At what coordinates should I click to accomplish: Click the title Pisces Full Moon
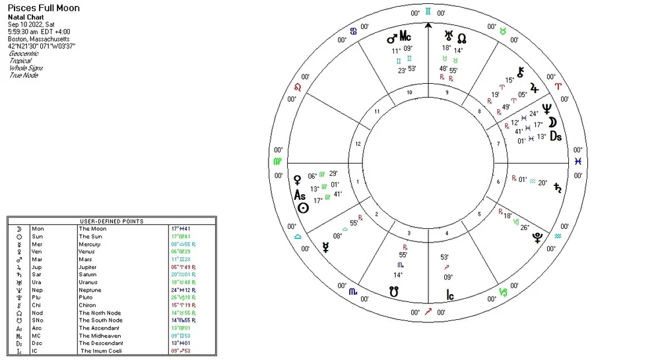44,8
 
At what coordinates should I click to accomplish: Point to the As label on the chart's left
300,196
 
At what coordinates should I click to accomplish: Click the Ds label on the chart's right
556,136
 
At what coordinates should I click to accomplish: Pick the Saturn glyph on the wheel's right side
560,187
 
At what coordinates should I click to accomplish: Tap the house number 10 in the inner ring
409,92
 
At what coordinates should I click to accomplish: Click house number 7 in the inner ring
498,143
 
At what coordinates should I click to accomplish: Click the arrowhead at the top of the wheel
428,26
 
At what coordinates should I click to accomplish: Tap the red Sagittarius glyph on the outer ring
428,311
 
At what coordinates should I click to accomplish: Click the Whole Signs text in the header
23,68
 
